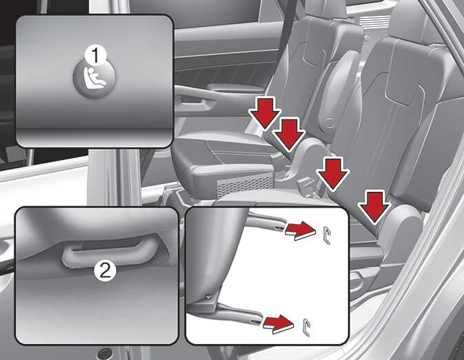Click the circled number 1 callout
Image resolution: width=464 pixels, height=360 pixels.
click(x=95, y=56)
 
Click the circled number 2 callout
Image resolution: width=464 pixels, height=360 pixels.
click(x=105, y=270)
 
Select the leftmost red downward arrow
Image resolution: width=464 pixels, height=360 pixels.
click(x=265, y=114)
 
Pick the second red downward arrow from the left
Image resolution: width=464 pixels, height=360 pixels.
click(x=288, y=134)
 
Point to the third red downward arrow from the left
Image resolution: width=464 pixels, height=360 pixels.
click(x=333, y=174)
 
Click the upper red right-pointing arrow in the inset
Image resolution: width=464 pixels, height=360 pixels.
click(x=300, y=230)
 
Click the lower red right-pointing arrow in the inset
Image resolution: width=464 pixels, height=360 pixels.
click(x=279, y=324)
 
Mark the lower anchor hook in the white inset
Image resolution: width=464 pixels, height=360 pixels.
click(x=307, y=328)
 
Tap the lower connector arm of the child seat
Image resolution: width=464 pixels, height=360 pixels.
click(x=240, y=313)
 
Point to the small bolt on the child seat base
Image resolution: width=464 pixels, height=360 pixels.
click(x=209, y=295)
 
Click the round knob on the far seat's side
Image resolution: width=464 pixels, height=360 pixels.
click(x=329, y=123)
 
